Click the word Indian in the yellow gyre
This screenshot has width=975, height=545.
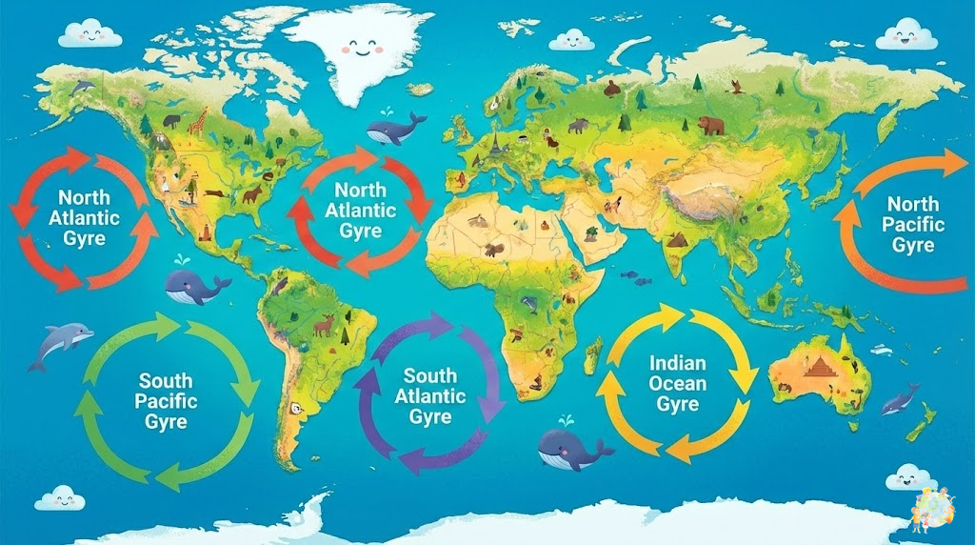677,363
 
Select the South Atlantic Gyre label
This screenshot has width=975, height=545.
430,395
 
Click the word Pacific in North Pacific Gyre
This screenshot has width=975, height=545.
912,225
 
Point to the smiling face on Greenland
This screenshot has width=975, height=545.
360,49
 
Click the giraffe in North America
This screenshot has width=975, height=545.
197,122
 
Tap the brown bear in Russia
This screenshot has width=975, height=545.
709,125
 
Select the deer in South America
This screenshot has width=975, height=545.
324,326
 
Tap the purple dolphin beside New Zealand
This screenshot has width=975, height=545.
899,398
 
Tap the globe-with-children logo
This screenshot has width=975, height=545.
937,510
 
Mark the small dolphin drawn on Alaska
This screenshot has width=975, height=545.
84,88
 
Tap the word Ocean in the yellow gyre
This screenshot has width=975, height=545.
677,383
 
